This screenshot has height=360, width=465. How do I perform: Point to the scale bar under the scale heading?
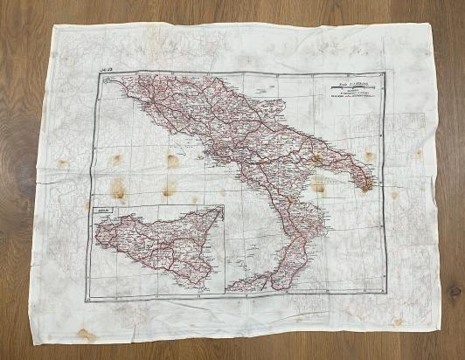point(344,87)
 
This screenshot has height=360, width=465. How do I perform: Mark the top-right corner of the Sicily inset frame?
point(224,204)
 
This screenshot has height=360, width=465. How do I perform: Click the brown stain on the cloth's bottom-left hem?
point(85,333)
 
